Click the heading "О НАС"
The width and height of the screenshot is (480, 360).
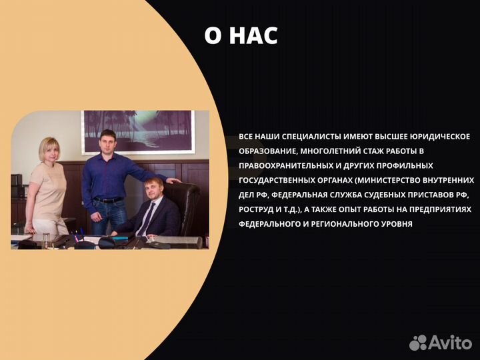(x=241, y=36)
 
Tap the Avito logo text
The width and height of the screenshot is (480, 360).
(x=450, y=343)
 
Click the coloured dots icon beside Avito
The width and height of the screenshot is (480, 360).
(x=418, y=343)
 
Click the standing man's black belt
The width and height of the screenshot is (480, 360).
(x=109, y=200)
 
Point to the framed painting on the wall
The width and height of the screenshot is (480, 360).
(x=137, y=132)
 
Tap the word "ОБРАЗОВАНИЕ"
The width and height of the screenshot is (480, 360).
(x=264, y=151)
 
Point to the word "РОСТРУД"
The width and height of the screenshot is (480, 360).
(x=256, y=209)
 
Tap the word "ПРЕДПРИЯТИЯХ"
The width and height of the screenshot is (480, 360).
(x=440, y=209)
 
